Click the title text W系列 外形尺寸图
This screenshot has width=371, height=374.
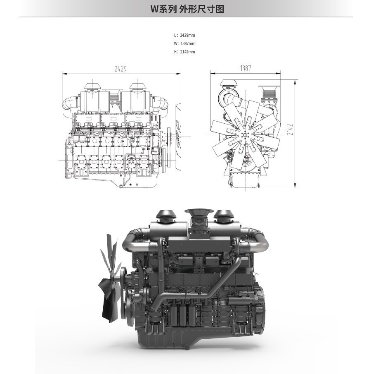coord(187,9)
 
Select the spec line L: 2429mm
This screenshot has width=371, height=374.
coord(184,35)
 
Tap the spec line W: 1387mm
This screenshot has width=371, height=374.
coord(184,43)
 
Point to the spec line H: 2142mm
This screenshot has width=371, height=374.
coord(184,52)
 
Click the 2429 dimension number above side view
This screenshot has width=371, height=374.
coord(121,69)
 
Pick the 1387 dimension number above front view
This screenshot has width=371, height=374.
coord(246,68)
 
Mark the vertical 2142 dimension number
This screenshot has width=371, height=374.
coord(290,129)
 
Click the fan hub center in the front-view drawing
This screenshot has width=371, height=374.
coord(245,135)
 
